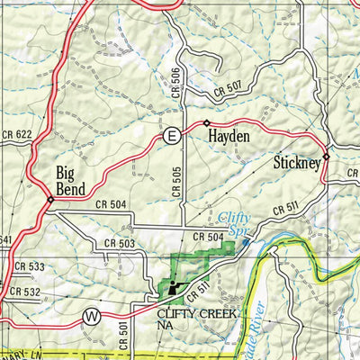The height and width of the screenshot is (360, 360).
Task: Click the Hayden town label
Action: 229,137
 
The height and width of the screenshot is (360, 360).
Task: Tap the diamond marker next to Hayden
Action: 206,122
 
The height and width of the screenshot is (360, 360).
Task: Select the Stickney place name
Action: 296,164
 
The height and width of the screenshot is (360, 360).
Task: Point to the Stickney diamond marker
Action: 327,157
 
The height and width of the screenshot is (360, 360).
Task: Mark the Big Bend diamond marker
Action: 50,201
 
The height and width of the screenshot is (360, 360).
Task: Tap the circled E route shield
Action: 171,136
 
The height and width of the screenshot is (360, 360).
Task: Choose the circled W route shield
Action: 91,316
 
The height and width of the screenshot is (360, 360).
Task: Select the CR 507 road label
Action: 229,89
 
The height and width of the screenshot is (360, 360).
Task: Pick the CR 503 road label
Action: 120,243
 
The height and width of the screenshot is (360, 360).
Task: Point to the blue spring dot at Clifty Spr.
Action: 246,241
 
